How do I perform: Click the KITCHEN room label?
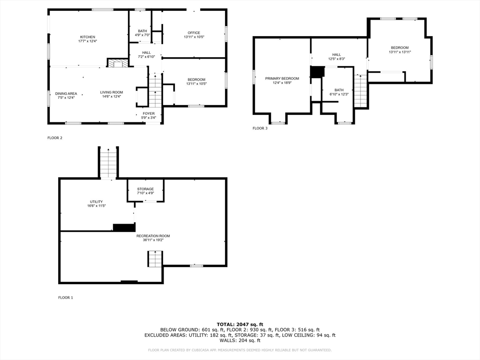point(88,37)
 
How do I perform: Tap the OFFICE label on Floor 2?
point(194,33)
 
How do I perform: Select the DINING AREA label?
point(66,93)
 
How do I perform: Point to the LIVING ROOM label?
point(112,92)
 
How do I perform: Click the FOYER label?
point(149,113)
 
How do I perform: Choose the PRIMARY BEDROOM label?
point(282,79)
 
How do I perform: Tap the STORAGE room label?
point(145,189)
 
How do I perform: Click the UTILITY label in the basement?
point(96,202)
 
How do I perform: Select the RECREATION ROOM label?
point(153,236)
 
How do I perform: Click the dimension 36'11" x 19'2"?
point(153,240)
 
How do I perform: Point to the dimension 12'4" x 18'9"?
point(282,83)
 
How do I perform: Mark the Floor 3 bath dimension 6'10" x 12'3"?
point(339,94)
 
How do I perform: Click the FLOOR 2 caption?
point(54,138)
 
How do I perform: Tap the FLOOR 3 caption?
point(260,128)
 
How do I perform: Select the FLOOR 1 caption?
point(66,298)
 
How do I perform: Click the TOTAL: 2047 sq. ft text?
point(240,324)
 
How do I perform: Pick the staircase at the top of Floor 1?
point(108,163)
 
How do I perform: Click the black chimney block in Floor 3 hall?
point(317,72)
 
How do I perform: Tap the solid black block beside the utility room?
point(124,227)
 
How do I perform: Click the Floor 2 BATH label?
point(139,31)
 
